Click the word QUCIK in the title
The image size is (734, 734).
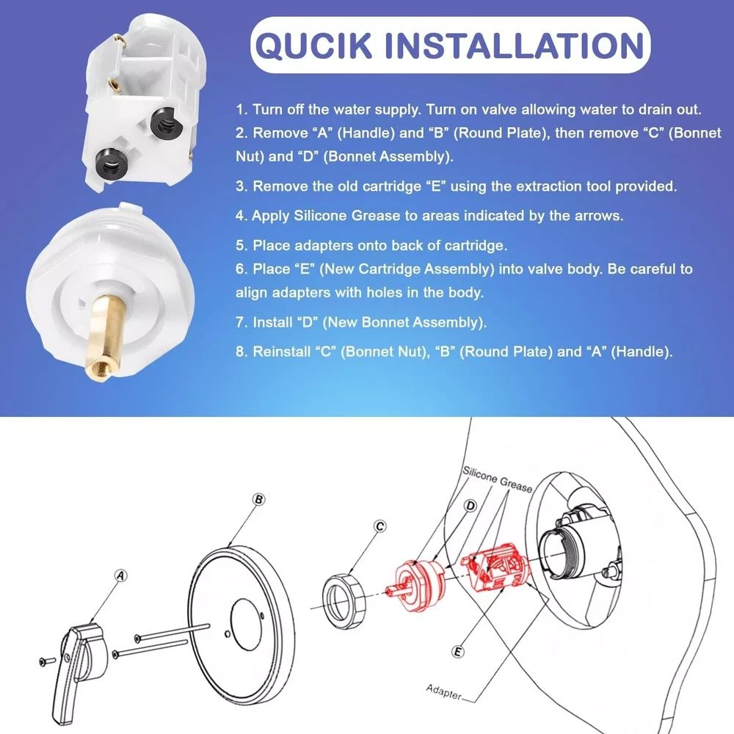tap(313, 46)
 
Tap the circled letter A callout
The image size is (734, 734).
tap(121, 575)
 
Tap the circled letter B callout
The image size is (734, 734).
tap(258, 499)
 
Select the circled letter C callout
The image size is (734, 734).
tap(380, 526)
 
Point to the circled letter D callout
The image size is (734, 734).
tap(470, 506)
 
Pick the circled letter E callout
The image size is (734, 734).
tap(458, 652)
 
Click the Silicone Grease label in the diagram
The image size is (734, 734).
tap(497, 480)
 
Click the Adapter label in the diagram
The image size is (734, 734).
tap(444, 692)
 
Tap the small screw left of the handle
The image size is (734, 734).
tap(47, 661)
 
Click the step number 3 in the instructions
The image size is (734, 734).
tap(241, 186)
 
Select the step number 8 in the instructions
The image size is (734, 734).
tap(241, 352)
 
